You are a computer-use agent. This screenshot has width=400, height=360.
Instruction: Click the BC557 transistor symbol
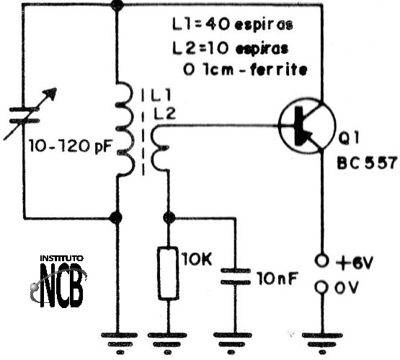tap(307, 126)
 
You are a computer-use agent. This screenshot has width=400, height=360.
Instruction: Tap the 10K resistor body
tap(168, 273)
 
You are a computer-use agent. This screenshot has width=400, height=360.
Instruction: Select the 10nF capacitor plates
tap(236, 276)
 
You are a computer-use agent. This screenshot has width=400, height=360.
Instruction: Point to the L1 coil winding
tap(125, 129)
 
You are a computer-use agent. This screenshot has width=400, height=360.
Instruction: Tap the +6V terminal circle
tap(321, 260)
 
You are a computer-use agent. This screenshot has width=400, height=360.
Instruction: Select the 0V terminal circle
tap(321, 287)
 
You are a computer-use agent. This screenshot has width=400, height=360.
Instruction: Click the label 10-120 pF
tap(71, 146)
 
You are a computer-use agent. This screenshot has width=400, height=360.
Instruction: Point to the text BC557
tap(368, 162)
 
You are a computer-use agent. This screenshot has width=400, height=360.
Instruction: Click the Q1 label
tap(349, 138)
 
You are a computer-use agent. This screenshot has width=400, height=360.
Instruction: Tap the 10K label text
tap(197, 259)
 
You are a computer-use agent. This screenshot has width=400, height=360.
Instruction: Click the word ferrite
tap(279, 69)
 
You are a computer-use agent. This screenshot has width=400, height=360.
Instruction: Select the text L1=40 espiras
tap(233, 25)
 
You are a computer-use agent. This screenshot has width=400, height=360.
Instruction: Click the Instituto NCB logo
tap(58, 281)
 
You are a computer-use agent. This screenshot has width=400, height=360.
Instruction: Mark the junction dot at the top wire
tap(117, 5)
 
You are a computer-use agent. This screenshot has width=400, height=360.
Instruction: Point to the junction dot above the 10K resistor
tap(169, 218)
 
